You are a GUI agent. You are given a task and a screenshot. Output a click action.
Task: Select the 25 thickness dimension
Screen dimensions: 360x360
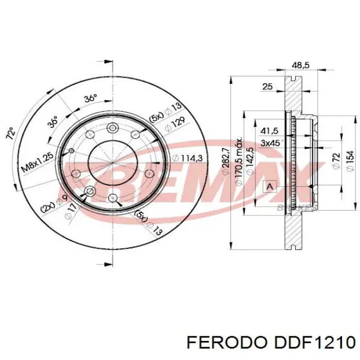pyautogui.click(x=267, y=87)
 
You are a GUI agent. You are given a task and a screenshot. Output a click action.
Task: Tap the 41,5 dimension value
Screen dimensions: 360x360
pyautogui.click(x=269, y=131)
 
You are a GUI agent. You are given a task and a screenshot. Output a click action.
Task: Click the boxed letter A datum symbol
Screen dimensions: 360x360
pyautogui.click(x=268, y=186)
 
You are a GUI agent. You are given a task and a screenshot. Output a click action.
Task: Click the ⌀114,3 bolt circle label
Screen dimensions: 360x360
pyautogui.click(x=188, y=158)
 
